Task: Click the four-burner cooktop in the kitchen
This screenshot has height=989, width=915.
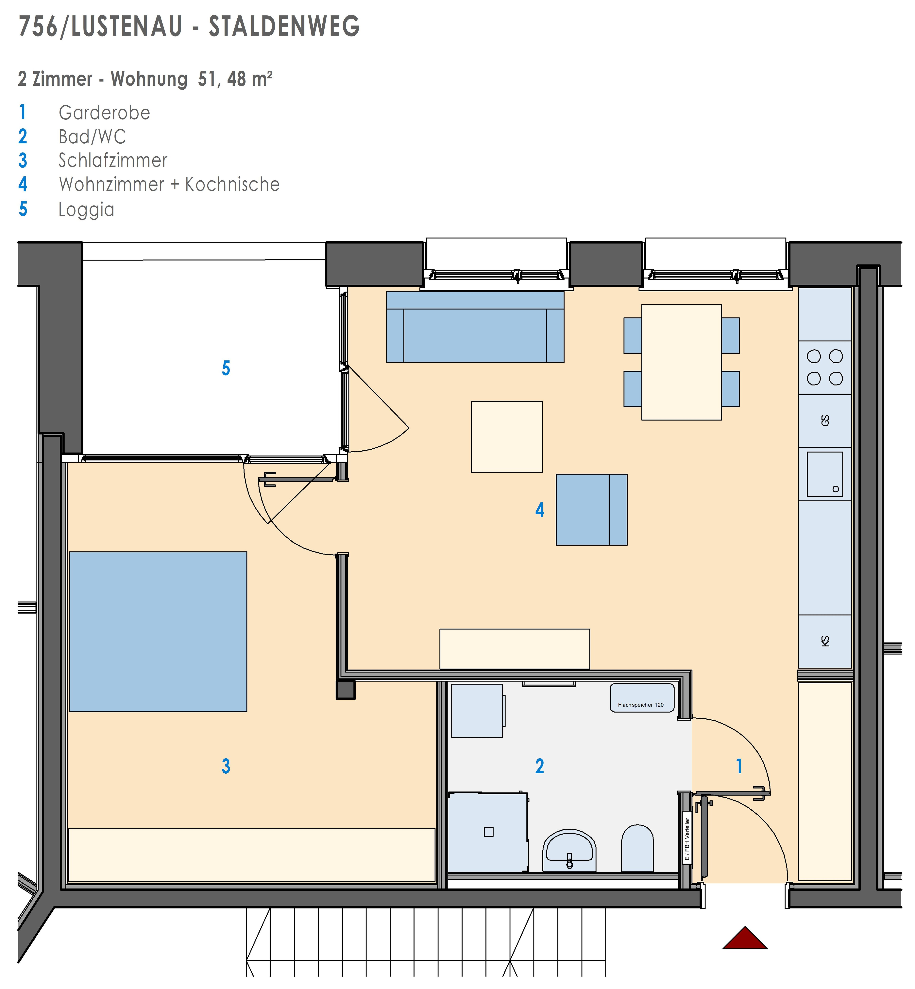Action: coord(825,367)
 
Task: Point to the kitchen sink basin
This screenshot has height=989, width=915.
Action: coord(825,474)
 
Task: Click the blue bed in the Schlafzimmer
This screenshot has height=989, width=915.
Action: coord(158,632)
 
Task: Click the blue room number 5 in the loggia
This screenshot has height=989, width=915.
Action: coord(226,368)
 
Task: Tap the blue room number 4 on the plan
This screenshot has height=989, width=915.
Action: coord(540,510)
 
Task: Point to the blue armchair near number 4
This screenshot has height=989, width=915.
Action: coord(591,510)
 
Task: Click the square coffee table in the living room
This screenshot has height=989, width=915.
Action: coord(506,437)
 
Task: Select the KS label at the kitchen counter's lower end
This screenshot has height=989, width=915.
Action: coord(825,641)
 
